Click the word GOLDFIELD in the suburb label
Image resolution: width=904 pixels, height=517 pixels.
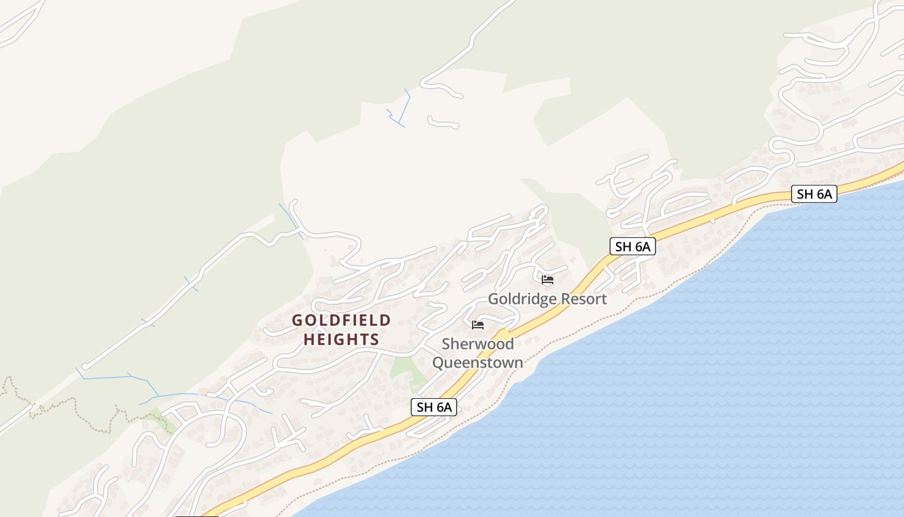coord(341,321)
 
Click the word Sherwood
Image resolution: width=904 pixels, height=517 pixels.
coord(478,344)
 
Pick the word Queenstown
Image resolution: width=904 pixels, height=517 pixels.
coord(478,363)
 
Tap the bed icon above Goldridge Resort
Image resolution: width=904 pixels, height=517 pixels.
coord(548,280)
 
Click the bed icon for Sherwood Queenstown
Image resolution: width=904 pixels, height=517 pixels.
coord(478,324)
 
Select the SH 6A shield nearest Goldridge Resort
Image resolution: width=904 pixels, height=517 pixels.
coord(632,246)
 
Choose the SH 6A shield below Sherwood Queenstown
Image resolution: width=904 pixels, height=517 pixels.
coord(434,407)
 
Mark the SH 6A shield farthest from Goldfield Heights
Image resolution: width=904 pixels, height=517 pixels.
coord(814,194)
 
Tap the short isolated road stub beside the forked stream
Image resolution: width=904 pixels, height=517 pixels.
coord(443,122)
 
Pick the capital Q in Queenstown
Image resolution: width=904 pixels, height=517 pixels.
coord(438,363)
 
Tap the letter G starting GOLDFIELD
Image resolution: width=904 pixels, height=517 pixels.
coord(298,321)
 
